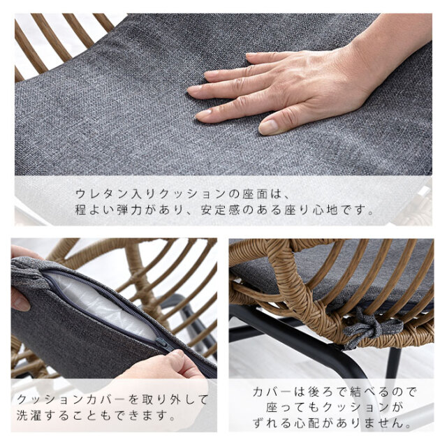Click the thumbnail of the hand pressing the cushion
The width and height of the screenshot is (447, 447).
tap(268, 127)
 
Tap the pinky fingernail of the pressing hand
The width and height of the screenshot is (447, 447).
tap(251, 54)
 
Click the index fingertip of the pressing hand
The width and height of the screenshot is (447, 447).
tap(193, 89)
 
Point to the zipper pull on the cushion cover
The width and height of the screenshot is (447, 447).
tap(162, 344)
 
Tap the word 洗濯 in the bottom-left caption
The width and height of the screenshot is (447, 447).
tap(29, 416)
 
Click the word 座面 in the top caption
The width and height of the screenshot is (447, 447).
tap(255, 194)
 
